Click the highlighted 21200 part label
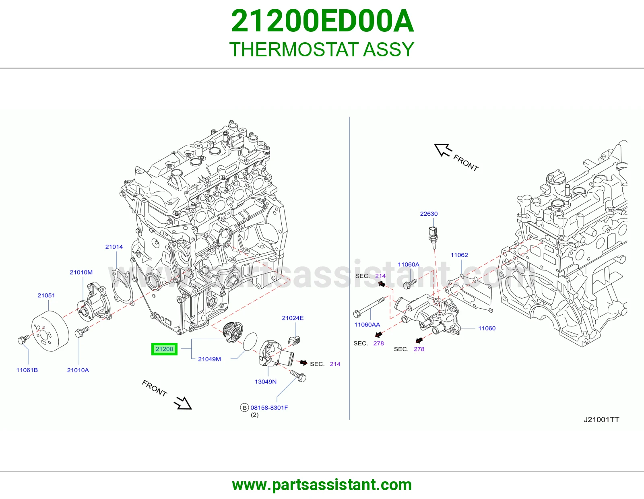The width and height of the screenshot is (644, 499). [x=164, y=349]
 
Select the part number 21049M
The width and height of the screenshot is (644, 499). [x=209, y=359]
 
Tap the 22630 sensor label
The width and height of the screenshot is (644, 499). [x=429, y=214]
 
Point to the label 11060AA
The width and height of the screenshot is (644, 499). [x=367, y=324]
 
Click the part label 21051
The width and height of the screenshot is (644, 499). [x=46, y=295]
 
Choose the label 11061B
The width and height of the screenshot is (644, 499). [x=27, y=370]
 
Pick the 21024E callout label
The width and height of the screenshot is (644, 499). [x=293, y=318]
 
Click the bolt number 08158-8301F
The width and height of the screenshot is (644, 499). [x=269, y=407]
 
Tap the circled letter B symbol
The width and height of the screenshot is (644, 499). [x=244, y=408]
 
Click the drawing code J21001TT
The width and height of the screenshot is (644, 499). [x=601, y=420]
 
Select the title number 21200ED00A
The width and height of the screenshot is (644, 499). [x=322, y=21]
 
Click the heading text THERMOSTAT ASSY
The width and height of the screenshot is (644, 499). [x=322, y=49]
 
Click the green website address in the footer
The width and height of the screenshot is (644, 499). [x=322, y=485]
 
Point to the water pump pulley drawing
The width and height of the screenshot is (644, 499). [x=50, y=331]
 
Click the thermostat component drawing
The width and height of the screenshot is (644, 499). [x=233, y=332]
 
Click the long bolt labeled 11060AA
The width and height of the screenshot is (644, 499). [x=369, y=307]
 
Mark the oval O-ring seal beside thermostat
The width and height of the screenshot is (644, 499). [x=250, y=341]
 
